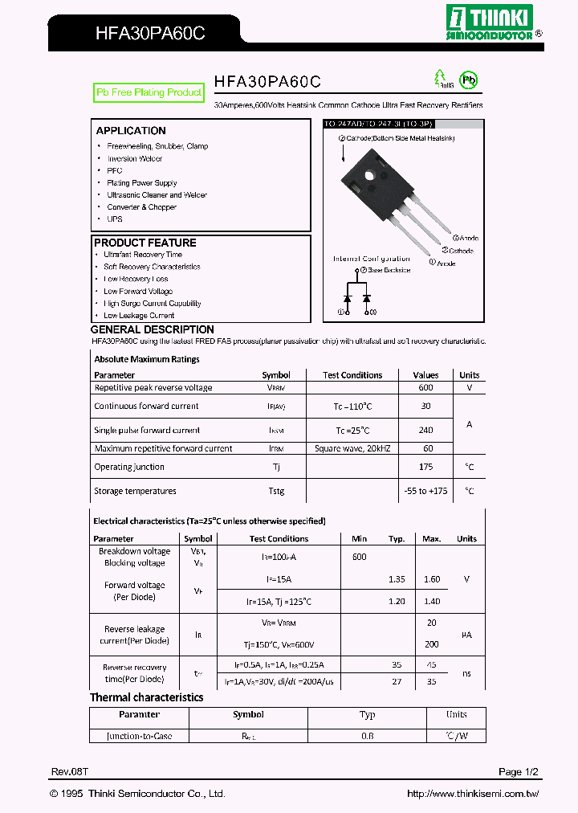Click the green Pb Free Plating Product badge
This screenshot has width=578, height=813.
coord(149,93)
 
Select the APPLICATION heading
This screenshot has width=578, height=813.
coord(131,131)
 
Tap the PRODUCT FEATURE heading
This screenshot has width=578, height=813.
coord(145,243)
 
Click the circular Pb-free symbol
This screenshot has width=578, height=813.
coord(467,80)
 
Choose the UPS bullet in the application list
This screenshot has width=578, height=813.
coord(115,219)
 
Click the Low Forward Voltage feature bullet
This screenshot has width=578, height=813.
coord(138,292)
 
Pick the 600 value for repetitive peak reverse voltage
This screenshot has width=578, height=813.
coord(425,387)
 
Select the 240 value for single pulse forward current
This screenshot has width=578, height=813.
coord(425,430)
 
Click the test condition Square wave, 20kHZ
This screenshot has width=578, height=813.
coord(352,448)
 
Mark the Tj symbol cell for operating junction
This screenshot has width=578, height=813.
coord(275,467)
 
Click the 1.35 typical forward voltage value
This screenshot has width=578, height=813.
coord(397,579)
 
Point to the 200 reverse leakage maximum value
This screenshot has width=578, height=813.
coord(431,644)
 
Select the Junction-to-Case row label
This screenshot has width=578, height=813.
coord(139,736)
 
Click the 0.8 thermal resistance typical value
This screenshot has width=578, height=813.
coord(367,736)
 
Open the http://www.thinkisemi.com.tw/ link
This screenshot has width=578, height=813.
coord(473,794)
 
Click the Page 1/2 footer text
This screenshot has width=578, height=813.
coord(518,772)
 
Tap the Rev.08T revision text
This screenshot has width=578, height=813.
coord(70,772)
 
